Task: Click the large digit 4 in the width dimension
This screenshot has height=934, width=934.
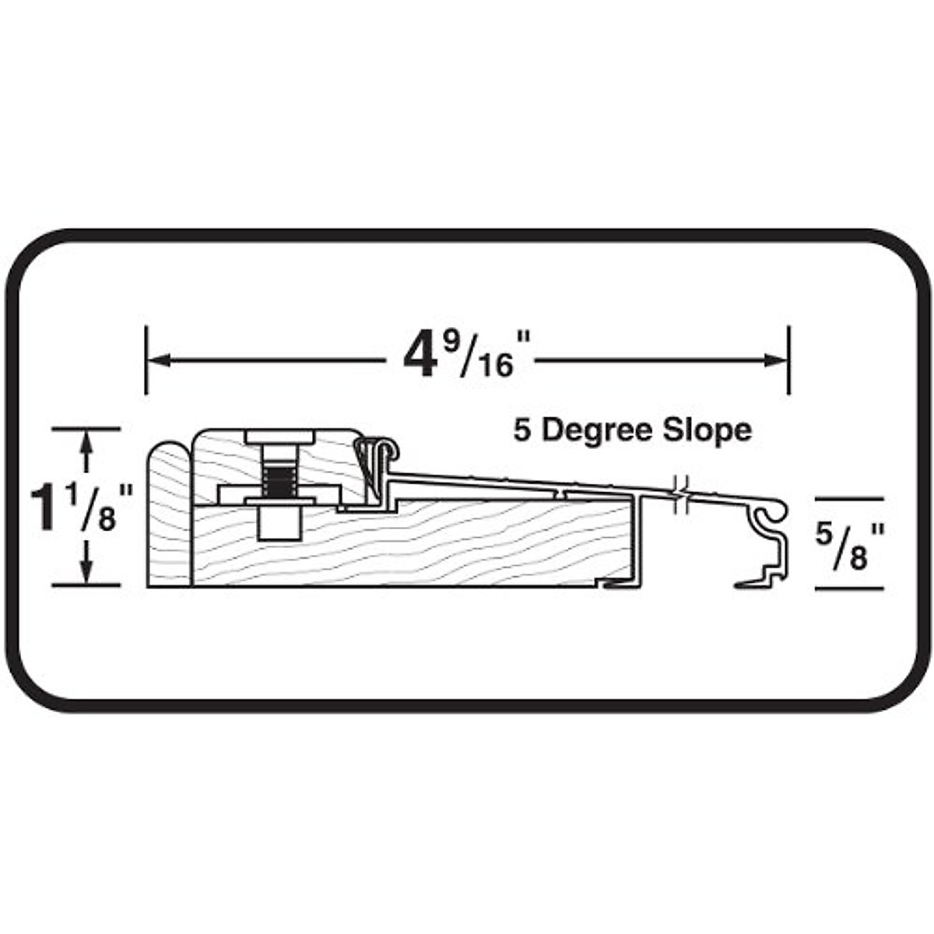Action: pos(418,359)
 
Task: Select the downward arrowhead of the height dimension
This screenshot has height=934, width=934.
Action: pos(86,572)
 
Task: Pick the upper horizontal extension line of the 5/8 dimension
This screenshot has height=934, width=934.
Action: pos(849,499)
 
